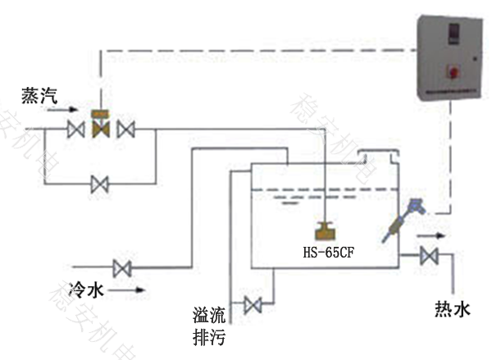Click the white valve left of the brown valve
click(x=77, y=130)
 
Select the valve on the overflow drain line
click(x=253, y=305)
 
